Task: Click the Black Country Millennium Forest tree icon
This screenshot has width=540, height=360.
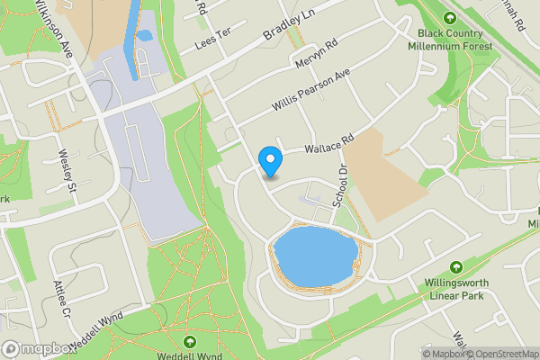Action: tap(450, 17)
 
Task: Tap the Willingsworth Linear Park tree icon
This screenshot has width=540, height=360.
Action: tap(456, 267)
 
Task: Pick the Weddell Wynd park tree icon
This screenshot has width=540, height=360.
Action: tap(190, 342)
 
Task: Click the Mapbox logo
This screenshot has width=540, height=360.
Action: tap(38, 349)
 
